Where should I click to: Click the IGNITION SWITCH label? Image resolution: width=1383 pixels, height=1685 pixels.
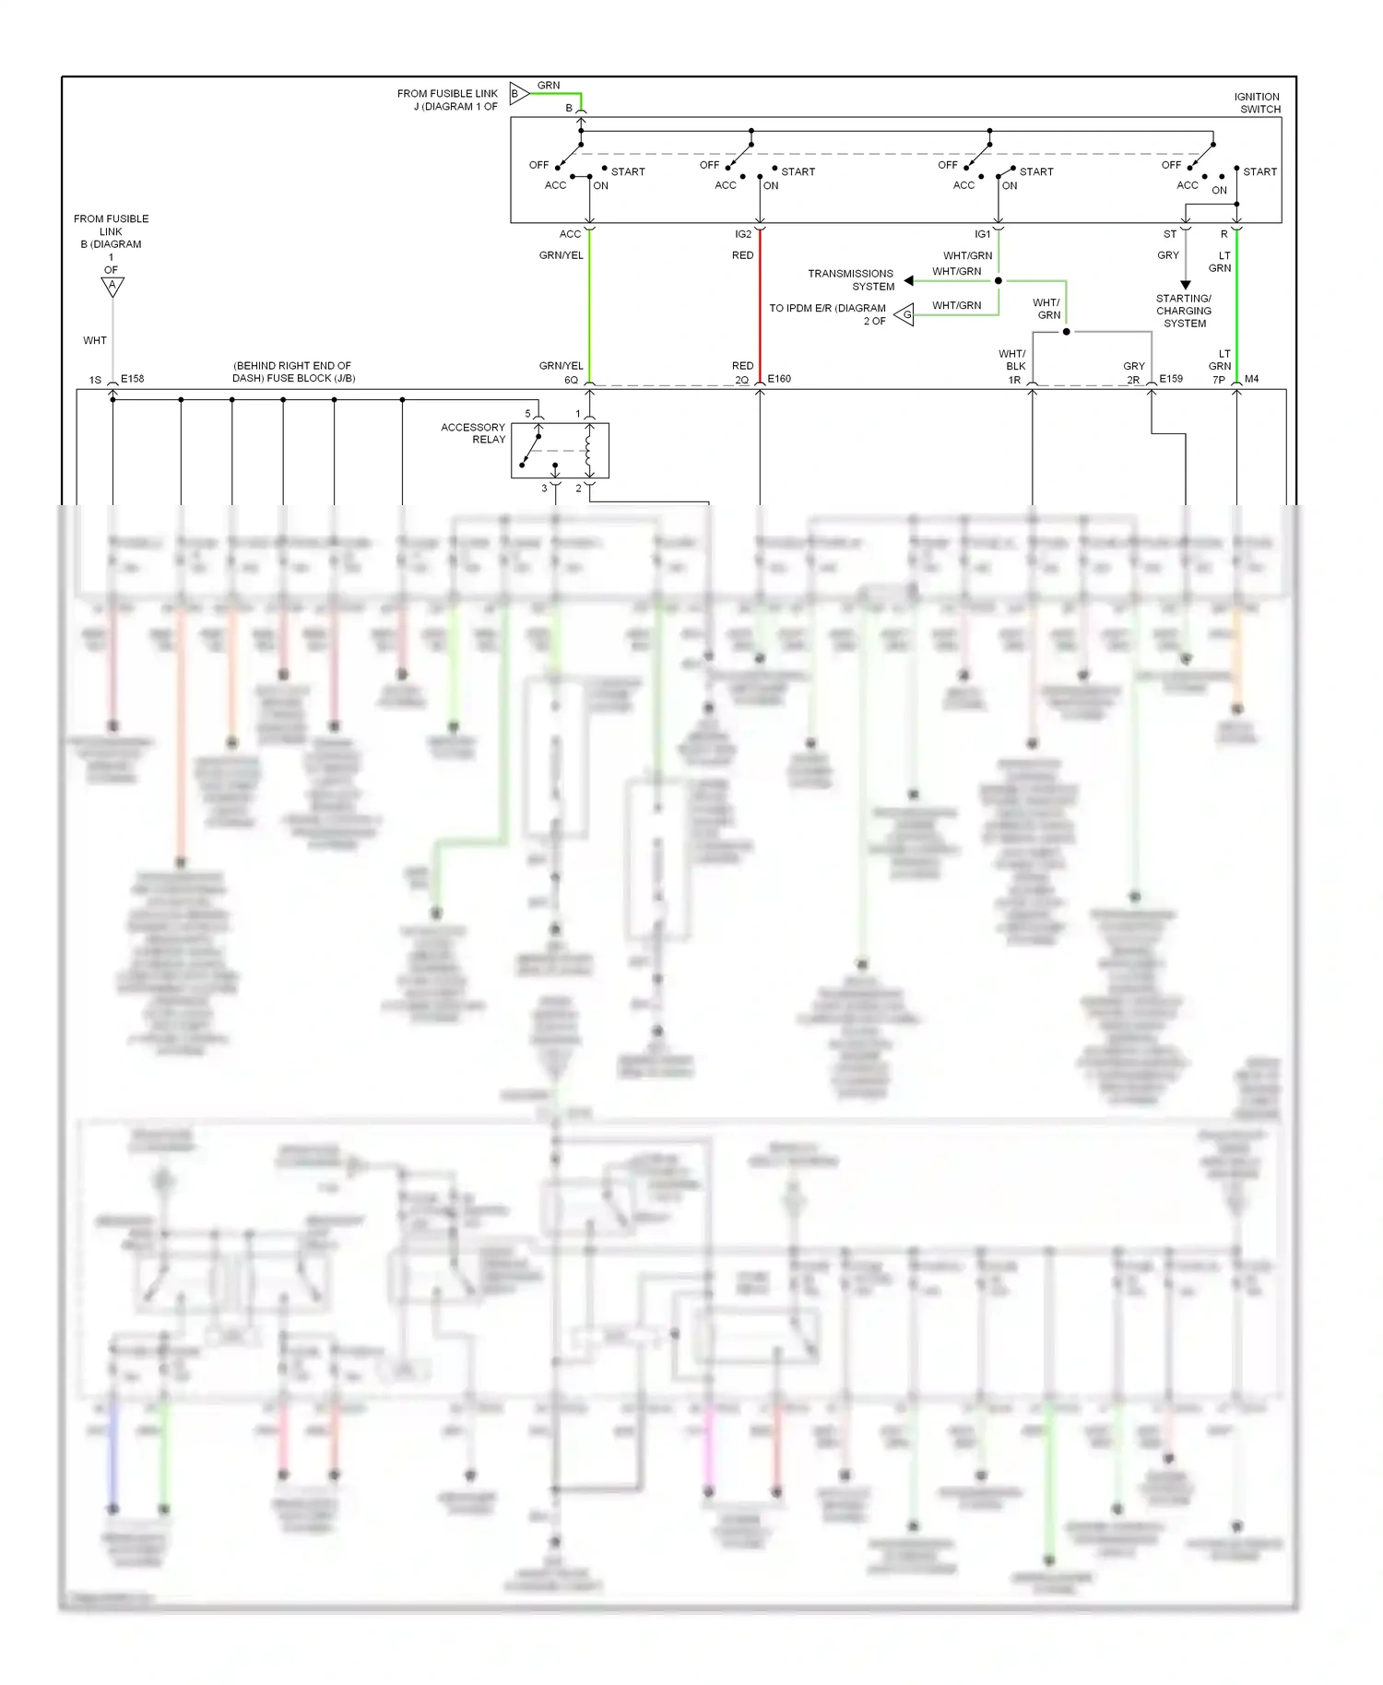[1257, 102]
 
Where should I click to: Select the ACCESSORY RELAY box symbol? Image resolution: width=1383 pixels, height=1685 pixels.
[560, 451]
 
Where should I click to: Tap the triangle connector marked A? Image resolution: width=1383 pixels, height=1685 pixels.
[112, 287]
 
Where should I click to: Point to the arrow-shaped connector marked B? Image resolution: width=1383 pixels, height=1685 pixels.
[519, 93]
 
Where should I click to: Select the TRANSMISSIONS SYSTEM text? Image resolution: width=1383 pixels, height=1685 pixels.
[850, 279]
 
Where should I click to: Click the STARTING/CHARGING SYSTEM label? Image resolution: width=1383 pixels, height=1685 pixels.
[1184, 311]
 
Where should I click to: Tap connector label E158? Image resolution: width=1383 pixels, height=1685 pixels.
[132, 379]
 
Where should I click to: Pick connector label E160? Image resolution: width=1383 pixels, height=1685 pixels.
[779, 379]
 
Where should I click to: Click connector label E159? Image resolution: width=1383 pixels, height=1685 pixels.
[1171, 379]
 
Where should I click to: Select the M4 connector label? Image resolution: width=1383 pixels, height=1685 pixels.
[1251, 379]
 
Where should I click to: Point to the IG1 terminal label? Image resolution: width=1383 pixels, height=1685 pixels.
[982, 234]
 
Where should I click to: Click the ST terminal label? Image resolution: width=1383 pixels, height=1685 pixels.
[1169, 234]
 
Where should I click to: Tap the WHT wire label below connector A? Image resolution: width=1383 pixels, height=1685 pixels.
[95, 340]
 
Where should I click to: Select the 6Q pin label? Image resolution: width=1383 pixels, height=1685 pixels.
[571, 380]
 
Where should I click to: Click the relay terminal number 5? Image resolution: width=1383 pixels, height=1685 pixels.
[528, 413]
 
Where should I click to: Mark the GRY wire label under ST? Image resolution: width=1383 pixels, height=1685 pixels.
[1167, 255]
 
